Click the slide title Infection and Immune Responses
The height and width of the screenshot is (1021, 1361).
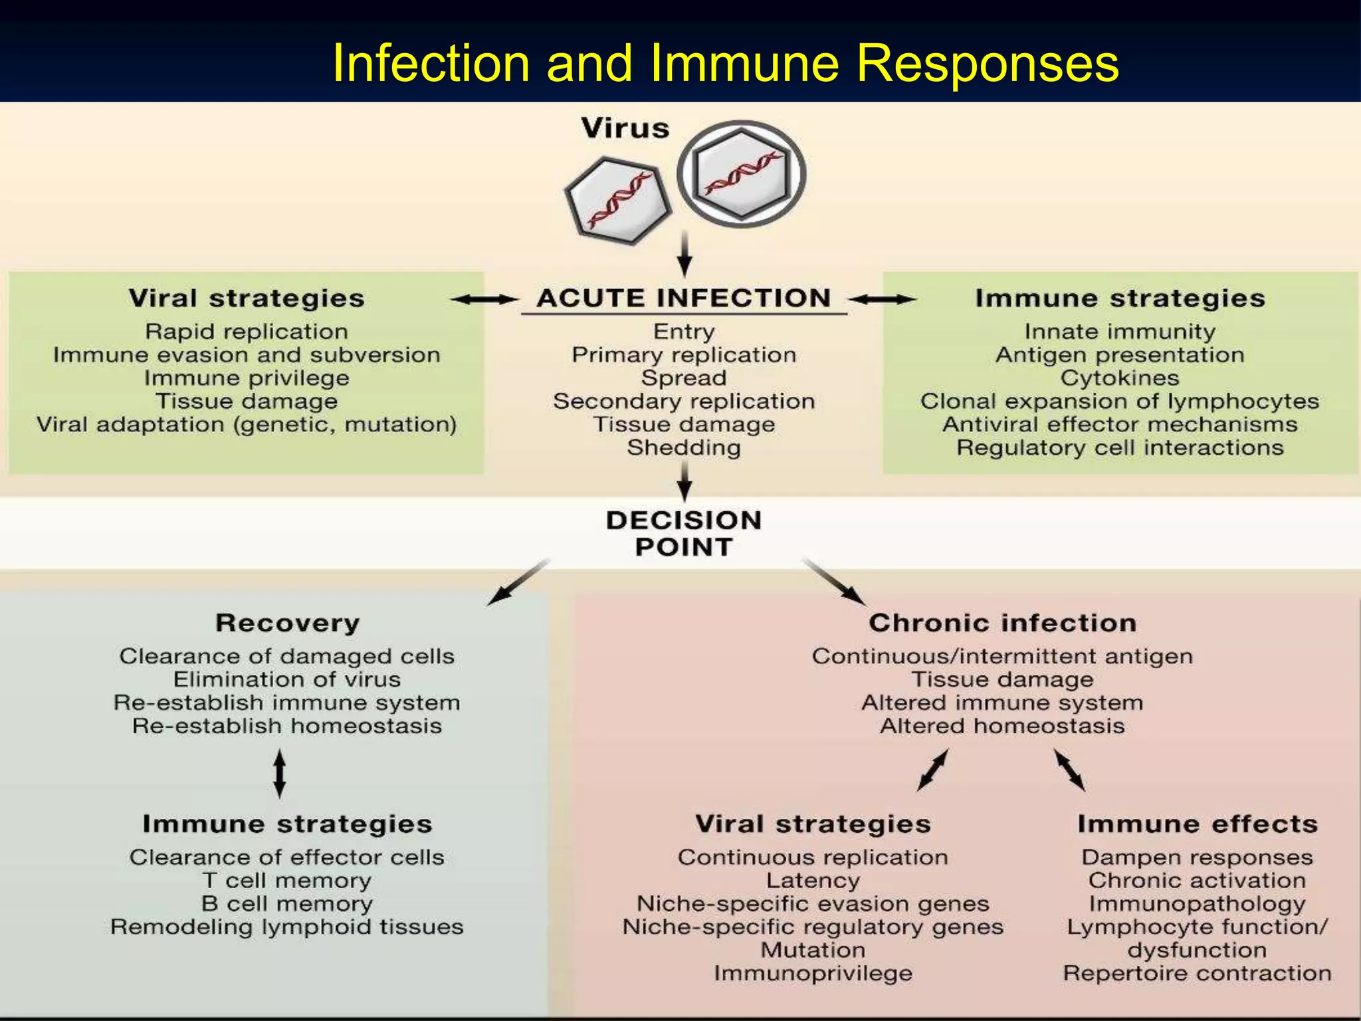pyautogui.click(x=725, y=63)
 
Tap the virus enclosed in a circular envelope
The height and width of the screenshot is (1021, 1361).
pyautogui.click(x=741, y=174)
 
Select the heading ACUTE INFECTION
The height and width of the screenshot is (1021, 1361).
pyautogui.click(x=684, y=298)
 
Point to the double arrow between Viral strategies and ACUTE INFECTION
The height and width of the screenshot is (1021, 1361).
pyautogui.click(x=484, y=300)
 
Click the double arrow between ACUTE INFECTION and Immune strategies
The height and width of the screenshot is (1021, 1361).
pyautogui.click(x=883, y=300)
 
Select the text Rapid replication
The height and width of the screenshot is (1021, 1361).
pyautogui.click(x=247, y=332)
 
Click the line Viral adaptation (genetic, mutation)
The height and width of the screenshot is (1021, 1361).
pyautogui.click(x=247, y=425)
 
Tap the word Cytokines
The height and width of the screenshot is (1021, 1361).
pyautogui.click(x=1120, y=378)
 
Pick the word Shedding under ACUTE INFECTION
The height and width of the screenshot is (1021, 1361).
pyautogui.click(x=684, y=448)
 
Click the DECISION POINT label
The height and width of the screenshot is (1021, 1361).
pyautogui.click(x=684, y=534)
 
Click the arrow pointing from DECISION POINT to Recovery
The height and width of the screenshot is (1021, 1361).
pyautogui.click(x=518, y=582)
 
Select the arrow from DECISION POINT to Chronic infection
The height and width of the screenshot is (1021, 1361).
pyautogui.click(x=835, y=582)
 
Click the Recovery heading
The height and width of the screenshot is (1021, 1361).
pyautogui.click(x=287, y=624)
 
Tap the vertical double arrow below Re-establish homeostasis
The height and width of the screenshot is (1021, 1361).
pyautogui.click(x=280, y=774)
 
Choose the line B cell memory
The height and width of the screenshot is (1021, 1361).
pyautogui.click(x=287, y=904)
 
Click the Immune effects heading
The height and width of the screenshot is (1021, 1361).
pyautogui.click(x=1198, y=824)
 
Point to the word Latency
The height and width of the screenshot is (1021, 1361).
pyautogui.click(x=813, y=881)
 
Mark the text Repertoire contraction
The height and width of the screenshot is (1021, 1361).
pyautogui.click(x=1198, y=974)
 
